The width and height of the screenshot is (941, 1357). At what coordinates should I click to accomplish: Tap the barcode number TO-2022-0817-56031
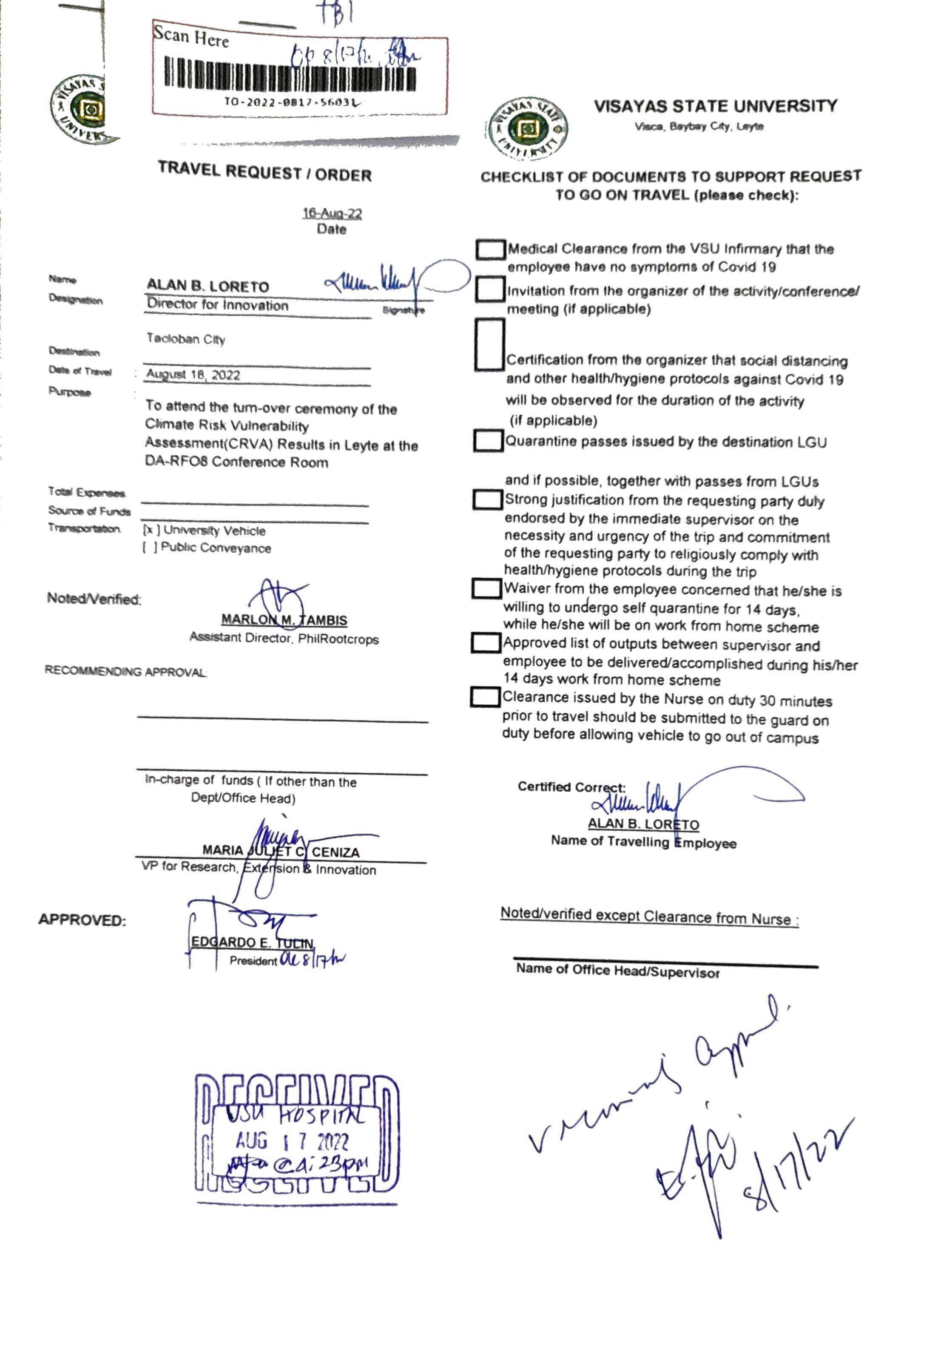coord(291,101)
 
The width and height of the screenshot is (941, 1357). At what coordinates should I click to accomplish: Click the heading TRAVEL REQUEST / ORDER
coord(265,172)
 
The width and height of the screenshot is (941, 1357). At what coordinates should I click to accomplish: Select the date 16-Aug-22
coord(332,213)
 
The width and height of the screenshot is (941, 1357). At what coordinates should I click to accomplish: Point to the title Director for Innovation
coord(218,305)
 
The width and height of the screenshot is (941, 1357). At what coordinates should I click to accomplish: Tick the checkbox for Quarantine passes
coord(488,441)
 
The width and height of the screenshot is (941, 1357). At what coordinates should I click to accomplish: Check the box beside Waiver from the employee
coord(486,588)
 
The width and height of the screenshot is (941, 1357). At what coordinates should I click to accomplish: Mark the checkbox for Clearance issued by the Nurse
coord(485,697)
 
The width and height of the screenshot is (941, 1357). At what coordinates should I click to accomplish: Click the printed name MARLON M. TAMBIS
coord(284,620)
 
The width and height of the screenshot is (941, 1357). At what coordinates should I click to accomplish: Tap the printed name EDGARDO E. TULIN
coord(252,942)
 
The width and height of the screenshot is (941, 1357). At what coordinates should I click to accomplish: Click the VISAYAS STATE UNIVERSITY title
coord(715,106)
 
